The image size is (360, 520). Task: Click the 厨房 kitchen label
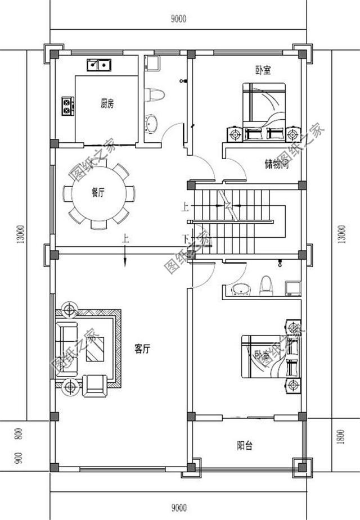pos(107,103)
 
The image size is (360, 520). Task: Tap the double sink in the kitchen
pos(100,65)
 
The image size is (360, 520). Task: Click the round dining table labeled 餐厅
pos(98,193)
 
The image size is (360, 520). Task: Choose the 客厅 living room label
pos(142,349)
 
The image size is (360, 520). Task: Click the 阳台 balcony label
pos(245,446)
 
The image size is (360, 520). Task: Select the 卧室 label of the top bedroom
pos(262,70)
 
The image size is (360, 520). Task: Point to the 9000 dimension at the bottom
pos(178,509)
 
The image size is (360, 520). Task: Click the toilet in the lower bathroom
pos(267,285)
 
